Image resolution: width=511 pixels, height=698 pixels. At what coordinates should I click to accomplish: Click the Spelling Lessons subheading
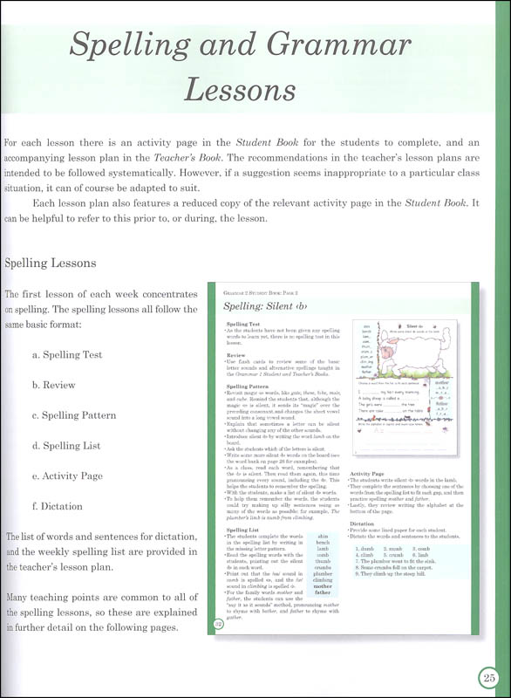point(50,262)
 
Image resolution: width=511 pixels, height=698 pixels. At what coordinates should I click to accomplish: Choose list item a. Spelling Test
point(67,355)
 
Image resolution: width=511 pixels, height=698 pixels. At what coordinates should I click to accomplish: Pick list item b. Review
point(55,385)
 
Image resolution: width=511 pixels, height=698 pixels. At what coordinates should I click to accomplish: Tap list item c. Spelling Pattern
point(73,415)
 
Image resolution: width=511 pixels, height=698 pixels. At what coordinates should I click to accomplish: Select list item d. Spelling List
point(66,445)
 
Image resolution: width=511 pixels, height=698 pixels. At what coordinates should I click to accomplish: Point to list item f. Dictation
point(58,506)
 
